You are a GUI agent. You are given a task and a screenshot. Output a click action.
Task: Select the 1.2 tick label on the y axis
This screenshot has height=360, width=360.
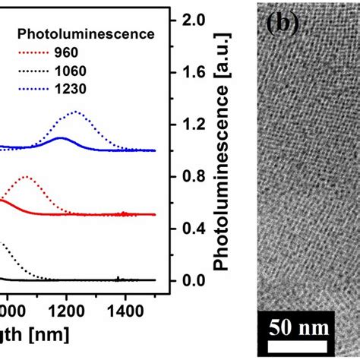point(193,125)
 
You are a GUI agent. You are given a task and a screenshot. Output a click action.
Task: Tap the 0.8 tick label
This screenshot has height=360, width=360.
point(193,177)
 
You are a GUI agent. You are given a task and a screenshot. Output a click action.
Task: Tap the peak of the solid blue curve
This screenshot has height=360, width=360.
point(61,137)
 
